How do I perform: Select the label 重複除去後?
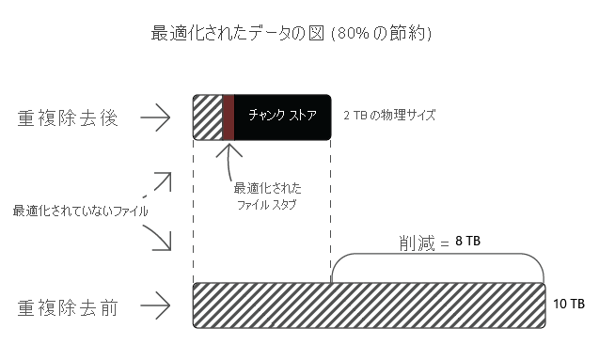68,118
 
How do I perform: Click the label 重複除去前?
68,306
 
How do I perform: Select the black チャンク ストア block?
282,117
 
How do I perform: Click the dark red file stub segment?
228,117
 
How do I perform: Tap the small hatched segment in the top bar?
206,117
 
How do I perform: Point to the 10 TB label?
571,305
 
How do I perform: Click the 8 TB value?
467,242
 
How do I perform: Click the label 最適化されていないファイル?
80,211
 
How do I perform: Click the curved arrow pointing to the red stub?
229,160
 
